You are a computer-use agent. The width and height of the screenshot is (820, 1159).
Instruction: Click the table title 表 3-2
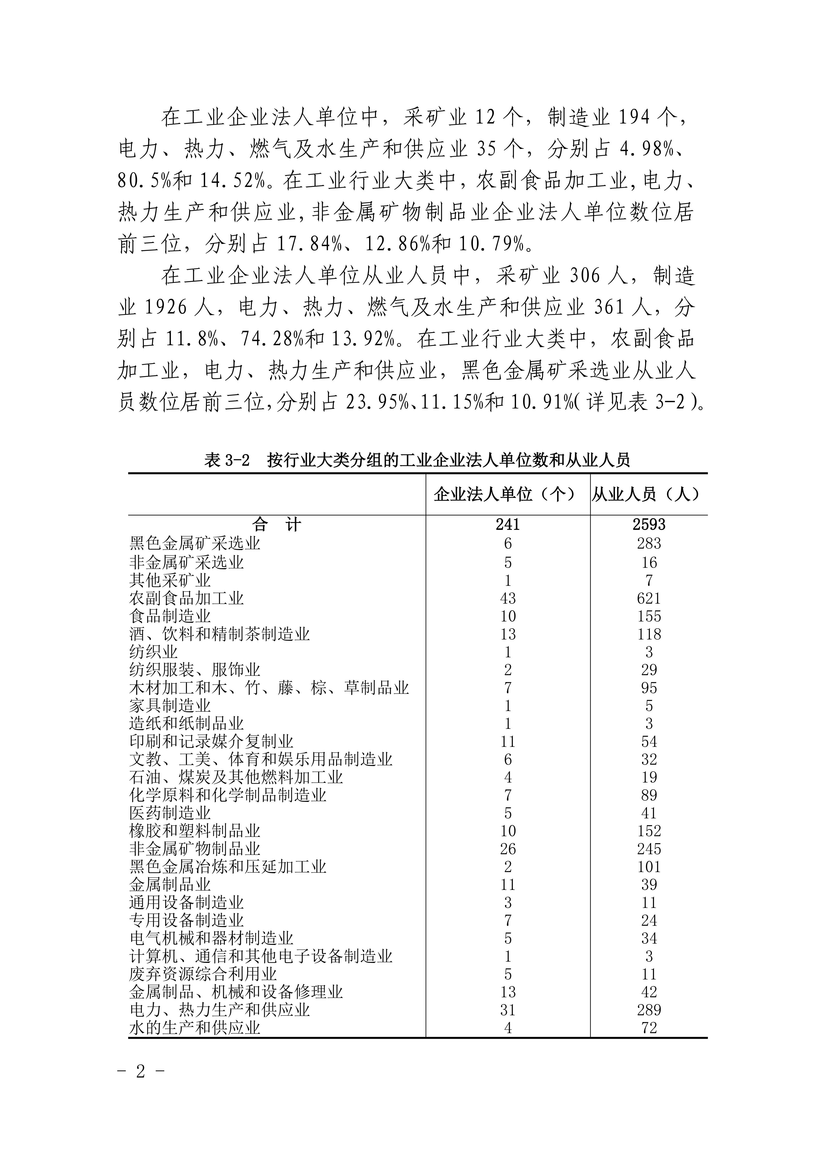tap(227, 460)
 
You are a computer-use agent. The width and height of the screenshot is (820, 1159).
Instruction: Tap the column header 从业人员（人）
tap(647, 494)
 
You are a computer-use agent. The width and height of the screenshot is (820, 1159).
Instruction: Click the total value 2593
tap(649, 525)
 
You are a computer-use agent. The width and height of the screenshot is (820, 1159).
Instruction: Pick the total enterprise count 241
tap(507, 525)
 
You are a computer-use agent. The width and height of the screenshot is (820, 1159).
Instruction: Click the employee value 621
tap(649, 598)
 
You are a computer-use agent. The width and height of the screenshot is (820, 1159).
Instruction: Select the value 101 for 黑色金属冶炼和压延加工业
tap(649, 867)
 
